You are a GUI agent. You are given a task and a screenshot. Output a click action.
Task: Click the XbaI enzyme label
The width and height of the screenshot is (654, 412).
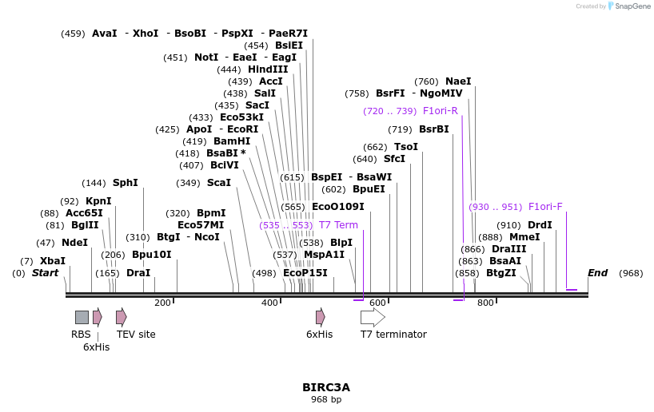click(x=53, y=261)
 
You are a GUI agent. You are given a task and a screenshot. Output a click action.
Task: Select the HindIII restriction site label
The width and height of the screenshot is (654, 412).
click(x=268, y=69)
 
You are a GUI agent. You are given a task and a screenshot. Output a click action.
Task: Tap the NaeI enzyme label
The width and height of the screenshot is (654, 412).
click(x=458, y=81)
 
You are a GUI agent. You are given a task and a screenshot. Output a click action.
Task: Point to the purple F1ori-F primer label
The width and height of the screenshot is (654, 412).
click(x=545, y=207)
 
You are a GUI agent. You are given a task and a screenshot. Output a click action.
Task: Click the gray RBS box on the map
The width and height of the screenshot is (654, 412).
click(x=82, y=317)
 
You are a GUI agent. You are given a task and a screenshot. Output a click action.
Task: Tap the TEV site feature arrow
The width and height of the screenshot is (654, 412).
click(x=121, y=317)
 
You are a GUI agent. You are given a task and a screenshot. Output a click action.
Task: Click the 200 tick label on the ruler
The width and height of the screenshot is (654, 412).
click(x=162, y=303)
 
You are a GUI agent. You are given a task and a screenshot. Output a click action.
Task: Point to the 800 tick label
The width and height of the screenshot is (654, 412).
click(x=485, y=303)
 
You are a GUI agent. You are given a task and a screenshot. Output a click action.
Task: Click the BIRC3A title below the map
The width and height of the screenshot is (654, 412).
click(x=326, y=387)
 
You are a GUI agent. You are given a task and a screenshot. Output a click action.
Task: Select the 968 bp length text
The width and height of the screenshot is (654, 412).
click(x=326, y=399)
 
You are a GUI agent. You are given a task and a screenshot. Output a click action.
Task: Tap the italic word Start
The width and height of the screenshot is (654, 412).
click(x=46, y=273)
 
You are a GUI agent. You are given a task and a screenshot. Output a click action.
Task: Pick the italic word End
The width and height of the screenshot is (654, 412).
click(x=598, y=273)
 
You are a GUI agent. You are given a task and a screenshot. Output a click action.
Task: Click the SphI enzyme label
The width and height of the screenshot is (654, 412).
click(x=126, y=183)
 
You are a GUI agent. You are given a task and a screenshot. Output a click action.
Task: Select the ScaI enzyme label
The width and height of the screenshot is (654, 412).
click(x=219, y=183)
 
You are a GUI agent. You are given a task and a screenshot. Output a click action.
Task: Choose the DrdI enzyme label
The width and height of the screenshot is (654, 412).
click(x=540, y=225)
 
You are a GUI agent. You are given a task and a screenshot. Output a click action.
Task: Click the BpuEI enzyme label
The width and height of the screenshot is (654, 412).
click(x=369, y=189)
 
